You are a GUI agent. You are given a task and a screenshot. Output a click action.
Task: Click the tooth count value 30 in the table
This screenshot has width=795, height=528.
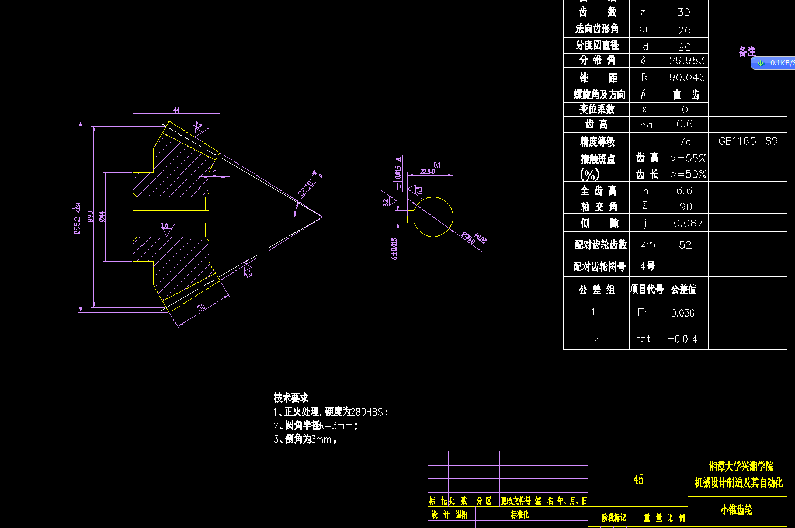[684, 12]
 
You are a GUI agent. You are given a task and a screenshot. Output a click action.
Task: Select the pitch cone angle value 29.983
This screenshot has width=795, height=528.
[686, 60]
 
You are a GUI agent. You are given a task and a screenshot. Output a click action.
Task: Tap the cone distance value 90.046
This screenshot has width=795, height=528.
[686, 77]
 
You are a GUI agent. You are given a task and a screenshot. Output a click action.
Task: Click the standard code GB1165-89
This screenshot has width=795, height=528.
[748, 141]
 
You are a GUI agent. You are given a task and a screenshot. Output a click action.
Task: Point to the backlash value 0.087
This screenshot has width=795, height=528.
[688, 223]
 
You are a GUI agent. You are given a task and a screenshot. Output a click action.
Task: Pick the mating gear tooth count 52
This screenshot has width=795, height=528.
[685, 245]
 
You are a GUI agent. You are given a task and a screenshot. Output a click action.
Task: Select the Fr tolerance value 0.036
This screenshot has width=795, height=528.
[682, 313]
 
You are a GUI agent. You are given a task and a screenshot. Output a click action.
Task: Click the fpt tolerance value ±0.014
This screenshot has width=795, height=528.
[682, 339]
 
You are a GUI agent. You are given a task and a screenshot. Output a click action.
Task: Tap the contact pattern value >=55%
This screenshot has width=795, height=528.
[688, 158]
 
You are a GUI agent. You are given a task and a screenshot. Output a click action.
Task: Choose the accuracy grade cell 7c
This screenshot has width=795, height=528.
[685, 141]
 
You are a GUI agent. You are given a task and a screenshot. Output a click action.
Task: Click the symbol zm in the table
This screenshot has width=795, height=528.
[647, 244]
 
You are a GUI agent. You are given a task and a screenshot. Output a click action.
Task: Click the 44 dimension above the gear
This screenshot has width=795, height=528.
[176, 109]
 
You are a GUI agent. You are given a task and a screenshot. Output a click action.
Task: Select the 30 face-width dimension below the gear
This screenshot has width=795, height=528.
[202, 307]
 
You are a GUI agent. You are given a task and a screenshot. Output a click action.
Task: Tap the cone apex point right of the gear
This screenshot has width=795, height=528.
[323, 217]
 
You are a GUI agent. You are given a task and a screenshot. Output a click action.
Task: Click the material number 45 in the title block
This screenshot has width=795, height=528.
[638, 480]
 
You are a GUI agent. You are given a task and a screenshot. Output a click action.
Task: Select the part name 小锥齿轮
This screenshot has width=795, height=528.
[736, 510]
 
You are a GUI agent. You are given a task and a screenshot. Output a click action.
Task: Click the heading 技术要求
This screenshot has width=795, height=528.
[291, 398]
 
